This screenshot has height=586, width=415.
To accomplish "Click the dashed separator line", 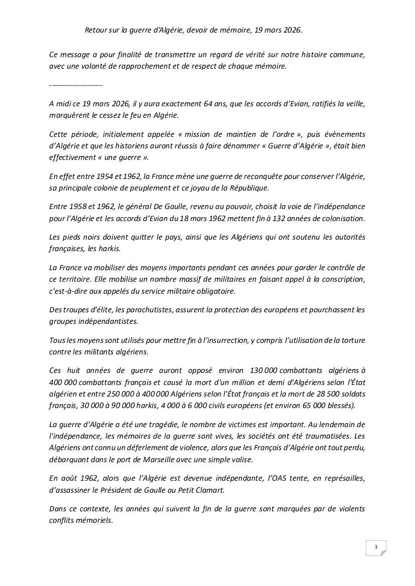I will click(76, 85).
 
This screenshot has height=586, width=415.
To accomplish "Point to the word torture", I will click(352, 340).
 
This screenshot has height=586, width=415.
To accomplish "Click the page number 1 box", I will click(376, 547).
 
